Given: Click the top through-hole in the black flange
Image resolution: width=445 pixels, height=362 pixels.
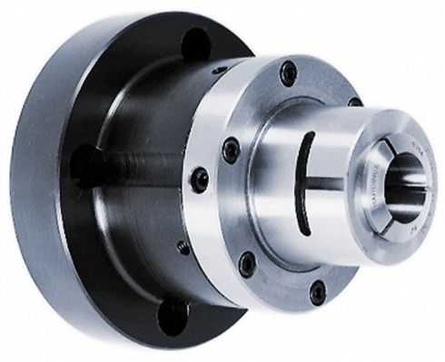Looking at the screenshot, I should (x=196, y=44).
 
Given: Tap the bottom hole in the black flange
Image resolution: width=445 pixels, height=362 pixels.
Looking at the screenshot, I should (x=173, y=317).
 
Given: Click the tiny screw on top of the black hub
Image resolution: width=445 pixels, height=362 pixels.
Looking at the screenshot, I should (x=219, y=70).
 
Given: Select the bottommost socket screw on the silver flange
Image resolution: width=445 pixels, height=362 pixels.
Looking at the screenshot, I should (x=317, y=291).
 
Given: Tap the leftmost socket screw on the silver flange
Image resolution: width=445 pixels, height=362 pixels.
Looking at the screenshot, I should (x=199, y=179).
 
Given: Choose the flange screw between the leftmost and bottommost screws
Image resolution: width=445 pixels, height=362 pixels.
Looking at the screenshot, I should (x=246, y=263).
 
